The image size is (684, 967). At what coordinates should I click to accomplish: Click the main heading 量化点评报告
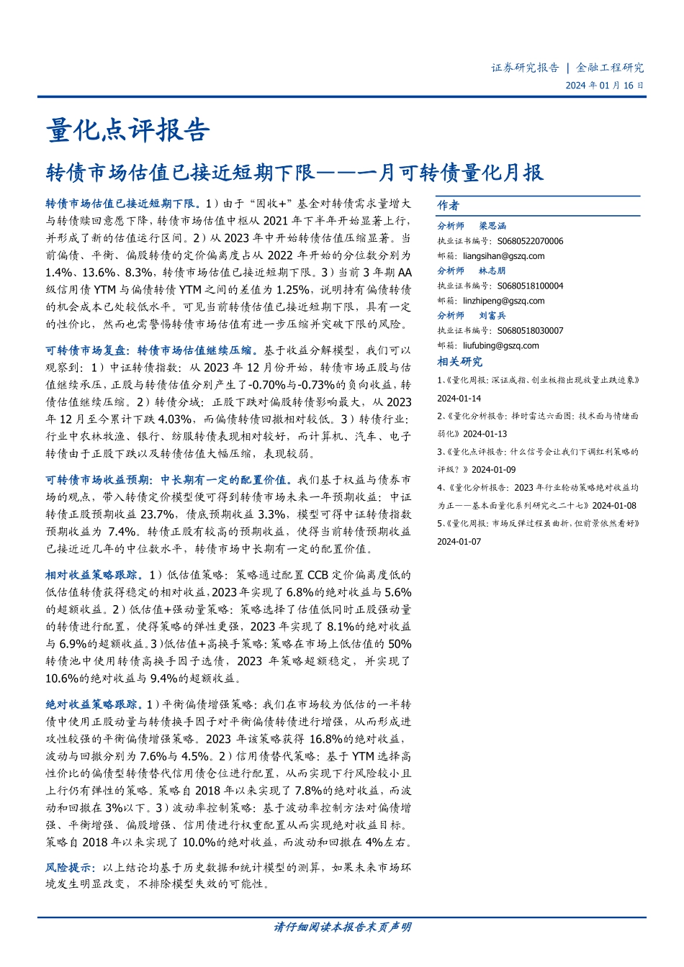(127, 130)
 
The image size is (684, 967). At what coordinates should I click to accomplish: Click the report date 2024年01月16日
(604, 86)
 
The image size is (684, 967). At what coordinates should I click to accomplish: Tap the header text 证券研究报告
(525, 68)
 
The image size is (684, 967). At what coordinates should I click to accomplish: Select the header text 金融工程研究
(610, 68)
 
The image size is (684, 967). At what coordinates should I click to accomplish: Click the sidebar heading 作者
(448, 206)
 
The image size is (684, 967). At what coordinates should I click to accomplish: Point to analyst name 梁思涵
(492, 226)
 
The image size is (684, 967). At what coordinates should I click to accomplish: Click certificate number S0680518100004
(530, 286)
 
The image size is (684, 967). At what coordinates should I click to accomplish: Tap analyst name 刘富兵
(492, 316)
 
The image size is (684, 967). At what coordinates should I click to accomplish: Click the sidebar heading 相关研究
(460, 362)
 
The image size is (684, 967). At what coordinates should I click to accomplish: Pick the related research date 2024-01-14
(459, 399)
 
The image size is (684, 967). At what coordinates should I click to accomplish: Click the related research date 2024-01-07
(459, 542)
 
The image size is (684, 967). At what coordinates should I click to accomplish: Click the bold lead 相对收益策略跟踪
(91, 575)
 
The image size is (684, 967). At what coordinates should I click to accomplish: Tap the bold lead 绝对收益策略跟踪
(91, 704)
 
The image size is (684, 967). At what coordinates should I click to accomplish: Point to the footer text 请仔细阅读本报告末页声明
(342, 927)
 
